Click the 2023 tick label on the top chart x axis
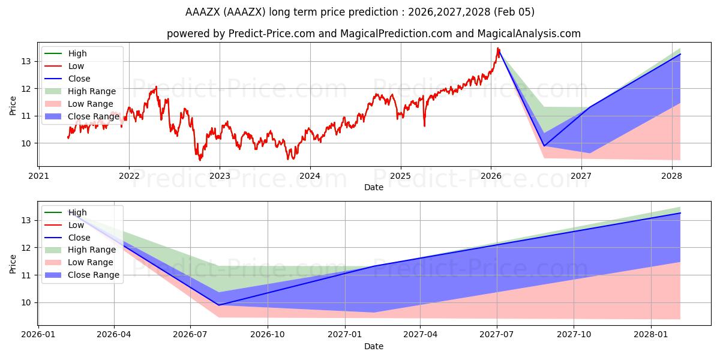coord(220,176)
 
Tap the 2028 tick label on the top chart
coord(671,176)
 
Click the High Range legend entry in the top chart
coord(92,91)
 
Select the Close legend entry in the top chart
coord(79,79)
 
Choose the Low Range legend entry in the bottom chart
coord(91,262)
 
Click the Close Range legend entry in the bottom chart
coord(94,275)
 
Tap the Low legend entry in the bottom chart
coord(76,225)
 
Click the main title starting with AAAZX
coord(359,12)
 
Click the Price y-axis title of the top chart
coord(13,105)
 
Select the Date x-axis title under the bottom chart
coord(373,346)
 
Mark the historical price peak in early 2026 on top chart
coord(497,48)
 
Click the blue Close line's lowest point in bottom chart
coord(218,305)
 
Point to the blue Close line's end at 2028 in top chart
coord(680,54)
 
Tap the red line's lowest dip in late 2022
coord(200,160)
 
